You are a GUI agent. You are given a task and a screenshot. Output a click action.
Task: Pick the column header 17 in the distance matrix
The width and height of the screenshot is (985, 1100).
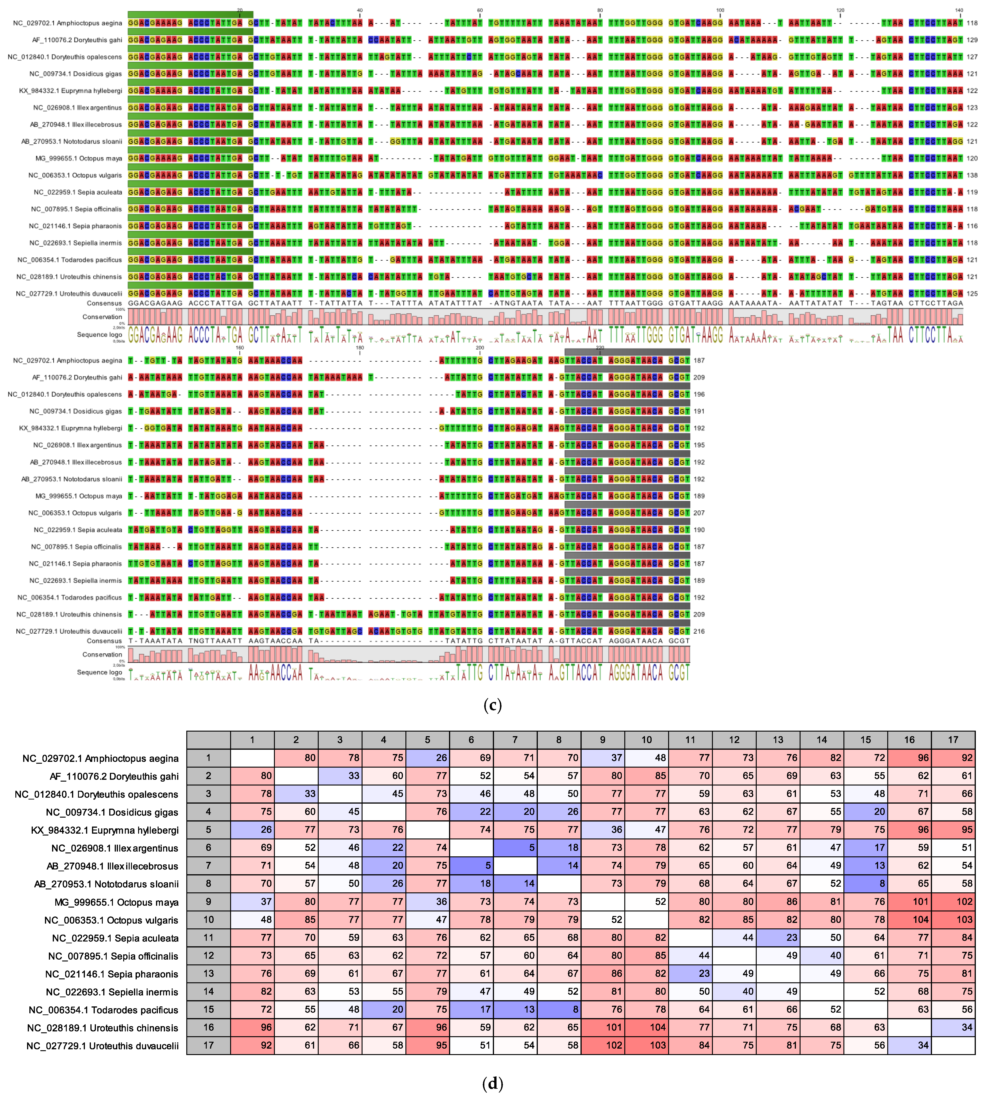(x=953, y=740)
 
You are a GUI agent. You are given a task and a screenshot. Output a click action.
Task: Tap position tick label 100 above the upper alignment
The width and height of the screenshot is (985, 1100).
(x=720, y=10)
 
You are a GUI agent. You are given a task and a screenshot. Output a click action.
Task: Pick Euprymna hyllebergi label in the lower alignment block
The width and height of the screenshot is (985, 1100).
(x=70, y=428)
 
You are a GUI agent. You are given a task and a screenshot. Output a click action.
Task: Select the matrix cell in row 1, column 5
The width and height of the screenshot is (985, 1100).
(x=427, y=758)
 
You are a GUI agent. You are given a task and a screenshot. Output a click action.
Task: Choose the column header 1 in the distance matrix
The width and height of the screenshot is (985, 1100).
(x=252, y=740)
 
